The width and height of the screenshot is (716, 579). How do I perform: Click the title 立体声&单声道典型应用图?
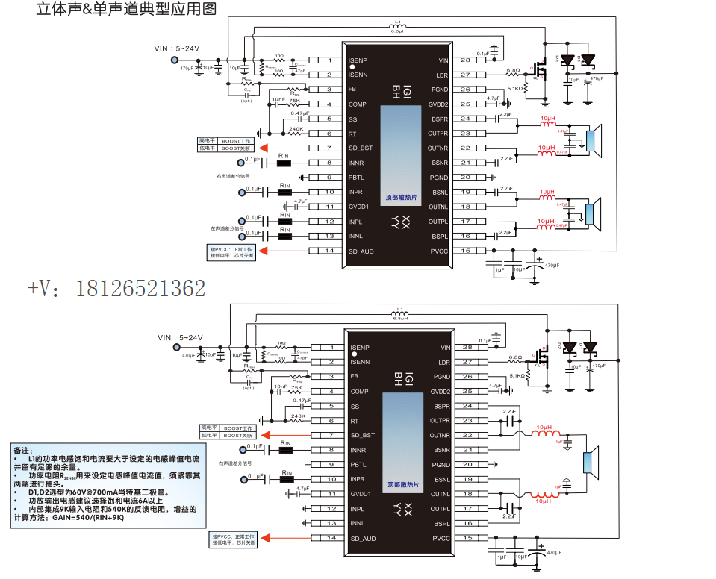126,10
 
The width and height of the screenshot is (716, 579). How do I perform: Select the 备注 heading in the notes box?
23,450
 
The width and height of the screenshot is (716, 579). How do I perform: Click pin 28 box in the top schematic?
465,60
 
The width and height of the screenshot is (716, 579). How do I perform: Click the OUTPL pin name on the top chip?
438,222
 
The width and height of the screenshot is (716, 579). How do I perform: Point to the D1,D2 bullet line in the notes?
90,492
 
